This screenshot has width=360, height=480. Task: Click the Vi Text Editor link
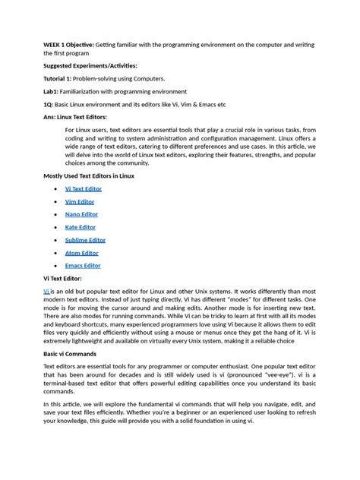(83, 188)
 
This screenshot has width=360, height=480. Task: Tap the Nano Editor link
(81, 214)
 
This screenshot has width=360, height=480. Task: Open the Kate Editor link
(81, 227)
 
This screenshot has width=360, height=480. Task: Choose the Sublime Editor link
(86, 240)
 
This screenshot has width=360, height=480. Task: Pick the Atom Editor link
(81, 253)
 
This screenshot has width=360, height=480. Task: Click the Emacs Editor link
(83, 266)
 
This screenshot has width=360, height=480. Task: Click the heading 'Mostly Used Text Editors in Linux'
(89, 175)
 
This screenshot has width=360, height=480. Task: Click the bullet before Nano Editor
(56, 214)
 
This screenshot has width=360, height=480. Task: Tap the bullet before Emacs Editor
(56, 266)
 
